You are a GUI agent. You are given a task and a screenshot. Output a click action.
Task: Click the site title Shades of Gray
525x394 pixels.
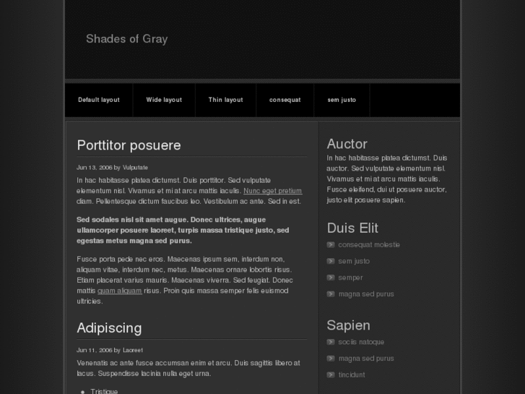[126, 39]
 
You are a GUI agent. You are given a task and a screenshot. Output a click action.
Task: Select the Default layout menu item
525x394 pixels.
[99, 100]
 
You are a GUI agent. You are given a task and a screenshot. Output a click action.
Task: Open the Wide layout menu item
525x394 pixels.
[164, 100]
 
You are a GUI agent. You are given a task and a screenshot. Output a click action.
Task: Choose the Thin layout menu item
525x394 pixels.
[225, 100]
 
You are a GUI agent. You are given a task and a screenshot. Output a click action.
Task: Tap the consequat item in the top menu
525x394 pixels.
[285, 100]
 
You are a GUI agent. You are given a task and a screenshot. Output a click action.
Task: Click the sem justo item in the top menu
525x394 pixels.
[342, 100]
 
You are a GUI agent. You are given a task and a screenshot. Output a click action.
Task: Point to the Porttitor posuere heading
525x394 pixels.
[129, 145]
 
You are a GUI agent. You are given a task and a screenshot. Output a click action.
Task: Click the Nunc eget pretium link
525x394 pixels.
[272, 191]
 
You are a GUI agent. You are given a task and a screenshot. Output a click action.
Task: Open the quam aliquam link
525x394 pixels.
[119, 291]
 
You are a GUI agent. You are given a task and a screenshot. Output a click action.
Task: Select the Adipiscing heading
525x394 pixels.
[109, 328]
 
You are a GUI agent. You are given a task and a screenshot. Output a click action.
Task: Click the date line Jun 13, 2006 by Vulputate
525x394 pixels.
[112, 167]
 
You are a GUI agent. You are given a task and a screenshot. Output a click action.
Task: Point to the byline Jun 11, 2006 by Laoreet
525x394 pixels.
[110, 350]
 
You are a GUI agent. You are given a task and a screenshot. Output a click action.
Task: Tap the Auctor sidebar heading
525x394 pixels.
[347, 144]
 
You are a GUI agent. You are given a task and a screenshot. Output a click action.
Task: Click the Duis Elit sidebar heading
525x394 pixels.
[352, 228]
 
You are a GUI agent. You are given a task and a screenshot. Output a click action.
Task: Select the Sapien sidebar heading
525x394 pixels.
[348, 325]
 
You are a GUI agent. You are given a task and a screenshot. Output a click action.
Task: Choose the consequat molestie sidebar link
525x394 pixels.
[368, 245]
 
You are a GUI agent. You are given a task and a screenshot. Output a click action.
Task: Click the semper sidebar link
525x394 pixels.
[350, 278]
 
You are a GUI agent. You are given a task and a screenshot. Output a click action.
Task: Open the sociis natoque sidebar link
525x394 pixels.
[361, 342]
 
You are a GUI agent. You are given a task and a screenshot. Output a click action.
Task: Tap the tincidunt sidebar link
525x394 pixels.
[352, 374]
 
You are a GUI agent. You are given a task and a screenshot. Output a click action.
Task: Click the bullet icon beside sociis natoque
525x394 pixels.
[331, 342]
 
